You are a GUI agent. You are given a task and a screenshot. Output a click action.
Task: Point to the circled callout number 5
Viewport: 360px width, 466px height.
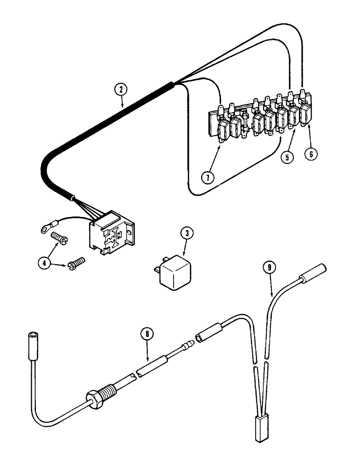coord(287,157)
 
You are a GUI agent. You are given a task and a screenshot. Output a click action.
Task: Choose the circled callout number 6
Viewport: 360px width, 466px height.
coord(310,154)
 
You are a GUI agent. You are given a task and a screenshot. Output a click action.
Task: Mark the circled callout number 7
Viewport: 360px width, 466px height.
coord(208,177)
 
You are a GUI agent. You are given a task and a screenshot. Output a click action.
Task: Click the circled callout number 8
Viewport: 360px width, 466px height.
coord(147,333)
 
